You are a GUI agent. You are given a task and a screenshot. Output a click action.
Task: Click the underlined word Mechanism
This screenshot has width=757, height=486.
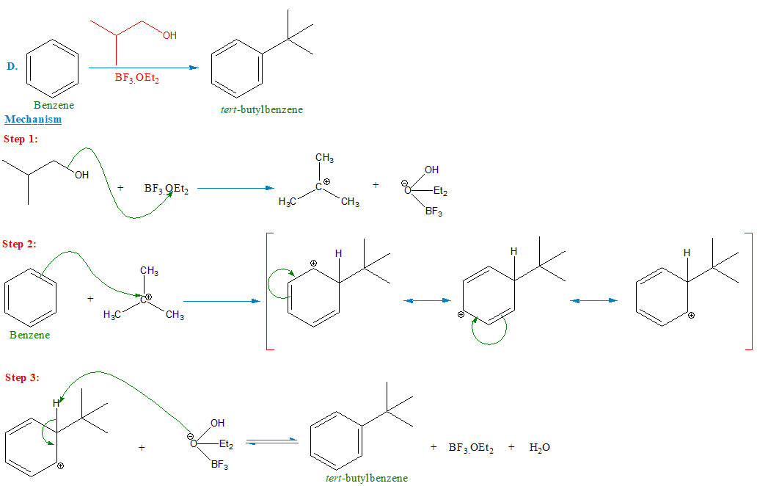(x=33, y=119)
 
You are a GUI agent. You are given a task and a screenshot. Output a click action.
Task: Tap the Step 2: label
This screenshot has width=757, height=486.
(x=21, y=244)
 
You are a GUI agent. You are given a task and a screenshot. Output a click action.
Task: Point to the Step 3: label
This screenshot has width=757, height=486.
(x=22, y=377)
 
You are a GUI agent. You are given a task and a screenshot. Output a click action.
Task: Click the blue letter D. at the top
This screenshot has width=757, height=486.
(x=12, y=66)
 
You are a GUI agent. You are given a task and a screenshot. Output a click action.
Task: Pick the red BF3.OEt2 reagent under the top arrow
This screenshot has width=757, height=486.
(x=136, y=78)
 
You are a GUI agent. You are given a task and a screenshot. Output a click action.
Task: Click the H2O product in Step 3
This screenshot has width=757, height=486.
(x=539, y=447)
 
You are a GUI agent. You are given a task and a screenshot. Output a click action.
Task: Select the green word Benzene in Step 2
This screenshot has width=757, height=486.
(x=30, y=335)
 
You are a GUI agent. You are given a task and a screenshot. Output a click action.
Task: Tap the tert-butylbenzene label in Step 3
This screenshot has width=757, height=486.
(x=366, y=477)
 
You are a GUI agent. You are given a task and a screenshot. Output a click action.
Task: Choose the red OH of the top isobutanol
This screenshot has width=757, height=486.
(x=169, y=35)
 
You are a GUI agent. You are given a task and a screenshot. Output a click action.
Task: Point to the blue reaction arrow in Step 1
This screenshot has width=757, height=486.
(x=235, y=188)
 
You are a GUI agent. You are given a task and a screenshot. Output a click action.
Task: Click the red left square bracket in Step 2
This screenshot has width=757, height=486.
(x=268, y=292)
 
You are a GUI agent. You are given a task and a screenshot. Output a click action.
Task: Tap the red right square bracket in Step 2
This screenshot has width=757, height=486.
(x=749, y=292)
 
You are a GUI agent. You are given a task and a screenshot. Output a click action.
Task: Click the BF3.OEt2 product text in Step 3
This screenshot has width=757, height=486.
(x=471, y=447)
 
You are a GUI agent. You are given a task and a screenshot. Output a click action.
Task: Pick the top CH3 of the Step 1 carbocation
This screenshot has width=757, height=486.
(x=325, y=158)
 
